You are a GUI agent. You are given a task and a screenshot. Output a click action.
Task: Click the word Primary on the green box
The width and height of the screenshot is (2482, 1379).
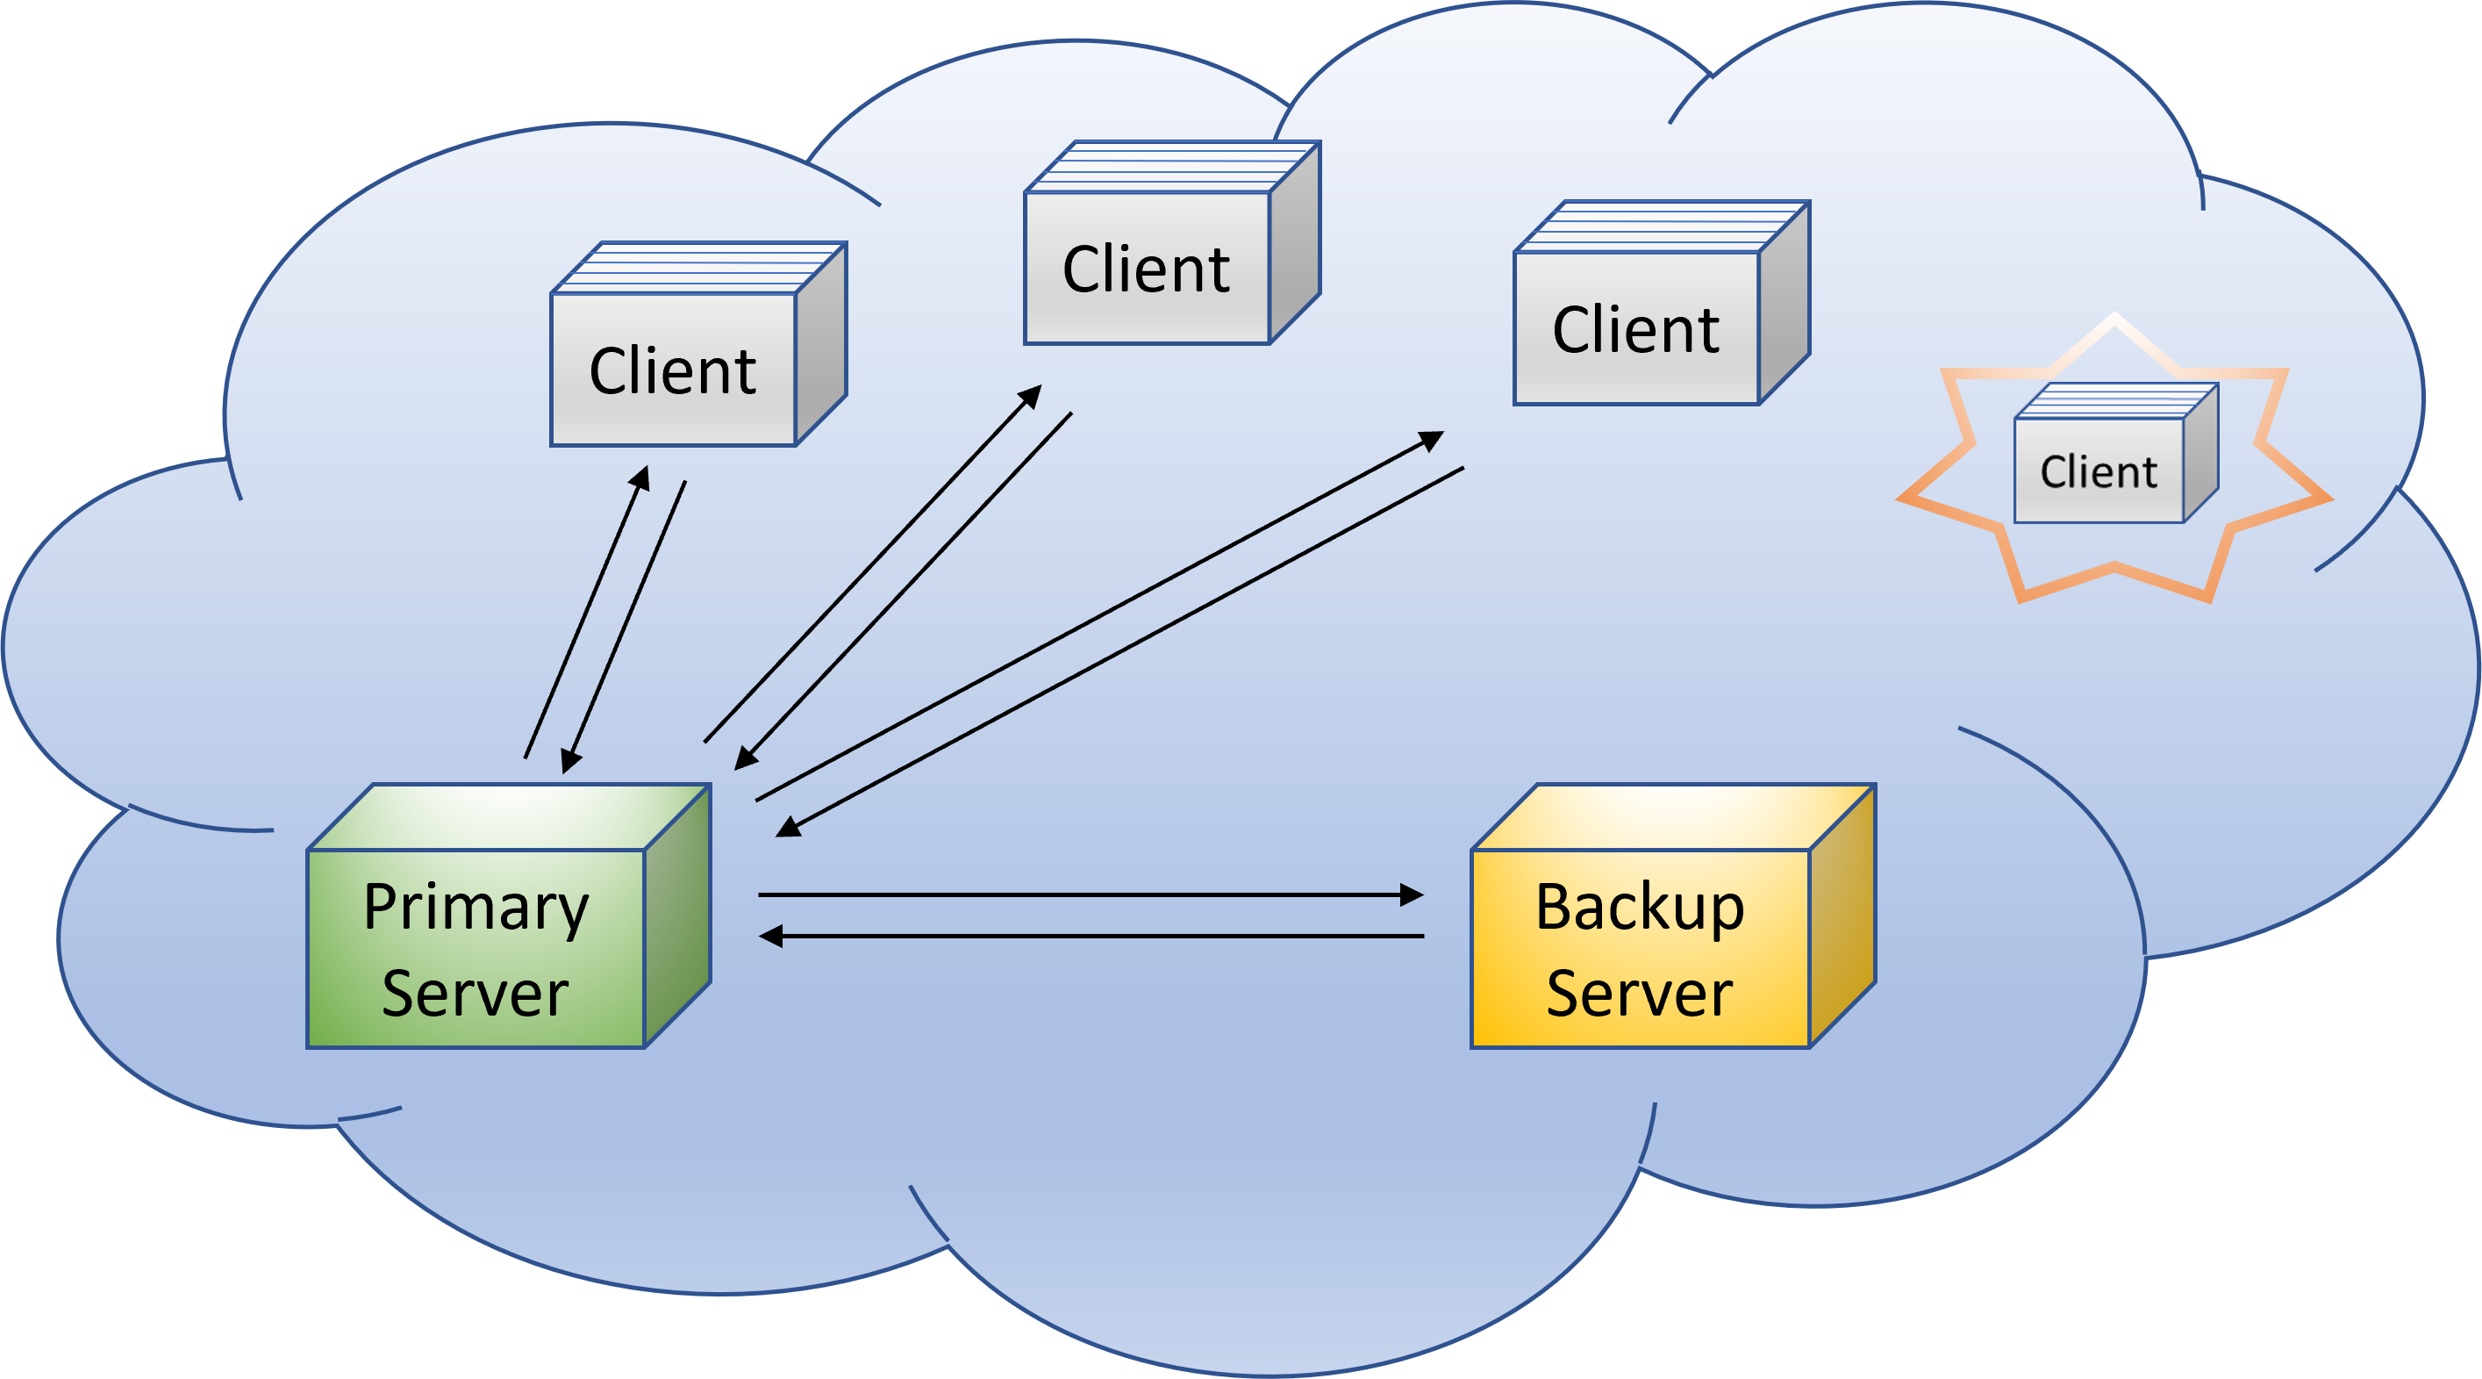[x=476, y=909]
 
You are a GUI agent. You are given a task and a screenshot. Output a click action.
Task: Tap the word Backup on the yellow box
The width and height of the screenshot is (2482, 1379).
[x=1639, y=909]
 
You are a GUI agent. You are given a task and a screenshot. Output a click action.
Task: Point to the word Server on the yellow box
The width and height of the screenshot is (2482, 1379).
[x=1639, y=994]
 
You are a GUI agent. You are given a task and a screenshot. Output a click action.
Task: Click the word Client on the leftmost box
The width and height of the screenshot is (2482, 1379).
[x=673, y=371]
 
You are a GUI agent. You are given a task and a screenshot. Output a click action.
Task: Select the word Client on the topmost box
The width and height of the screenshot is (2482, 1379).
[x=1146, y=269]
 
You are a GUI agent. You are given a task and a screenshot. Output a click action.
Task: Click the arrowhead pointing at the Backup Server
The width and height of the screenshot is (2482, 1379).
[x=1413, y=895]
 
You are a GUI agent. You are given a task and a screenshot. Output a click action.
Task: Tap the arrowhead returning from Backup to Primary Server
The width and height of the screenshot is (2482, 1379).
[x=771, y=936]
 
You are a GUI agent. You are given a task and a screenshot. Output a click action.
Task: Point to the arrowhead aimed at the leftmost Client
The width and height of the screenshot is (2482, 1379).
[x=640, y=477]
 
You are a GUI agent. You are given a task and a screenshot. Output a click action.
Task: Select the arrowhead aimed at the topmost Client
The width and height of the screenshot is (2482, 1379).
[x=1031, y=395]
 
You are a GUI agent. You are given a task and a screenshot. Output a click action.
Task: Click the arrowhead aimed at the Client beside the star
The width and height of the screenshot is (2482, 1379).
[x=1432, y=441]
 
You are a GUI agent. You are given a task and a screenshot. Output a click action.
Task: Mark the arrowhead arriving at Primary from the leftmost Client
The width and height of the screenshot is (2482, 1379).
[x=569, y=761]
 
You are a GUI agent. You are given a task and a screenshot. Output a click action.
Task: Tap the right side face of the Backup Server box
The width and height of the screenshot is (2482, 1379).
[x=1842, y=916]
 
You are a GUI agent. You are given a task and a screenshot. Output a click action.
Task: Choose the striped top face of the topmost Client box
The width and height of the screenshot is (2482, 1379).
[x=1171, y=167]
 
